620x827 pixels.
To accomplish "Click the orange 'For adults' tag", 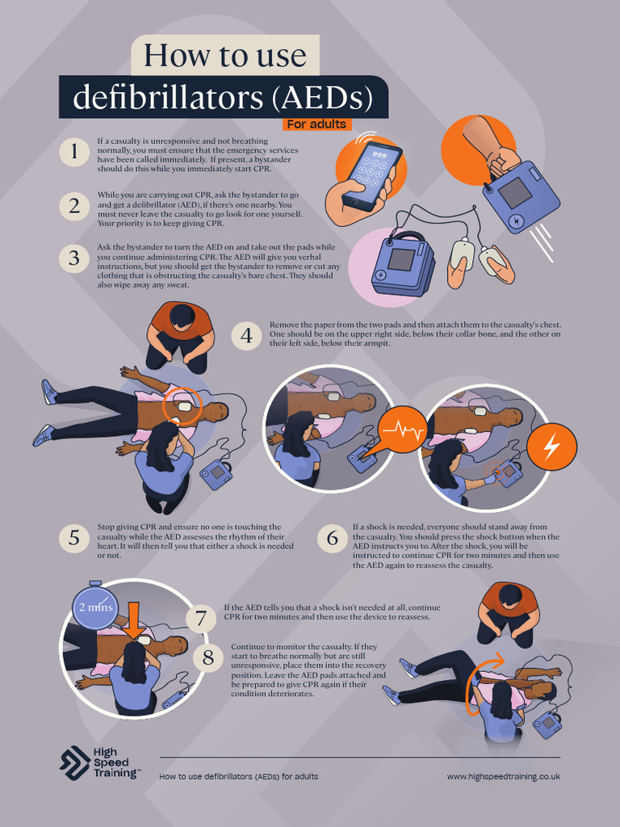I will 316,124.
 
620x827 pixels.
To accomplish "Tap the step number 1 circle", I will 74,152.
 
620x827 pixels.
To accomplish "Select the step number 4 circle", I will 245,335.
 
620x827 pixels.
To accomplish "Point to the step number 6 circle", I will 333,538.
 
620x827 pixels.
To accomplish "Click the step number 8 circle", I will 207,657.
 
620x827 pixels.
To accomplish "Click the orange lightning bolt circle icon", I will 552,446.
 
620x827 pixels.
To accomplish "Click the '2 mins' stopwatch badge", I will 94,607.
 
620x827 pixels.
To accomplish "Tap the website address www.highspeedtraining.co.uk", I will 503,776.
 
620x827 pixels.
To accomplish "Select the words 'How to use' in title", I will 225,56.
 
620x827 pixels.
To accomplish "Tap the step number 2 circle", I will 74,206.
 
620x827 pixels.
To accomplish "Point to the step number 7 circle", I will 201,619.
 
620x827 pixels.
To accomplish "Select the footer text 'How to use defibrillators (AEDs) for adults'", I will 238,776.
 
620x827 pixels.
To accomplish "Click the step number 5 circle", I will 74,538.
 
